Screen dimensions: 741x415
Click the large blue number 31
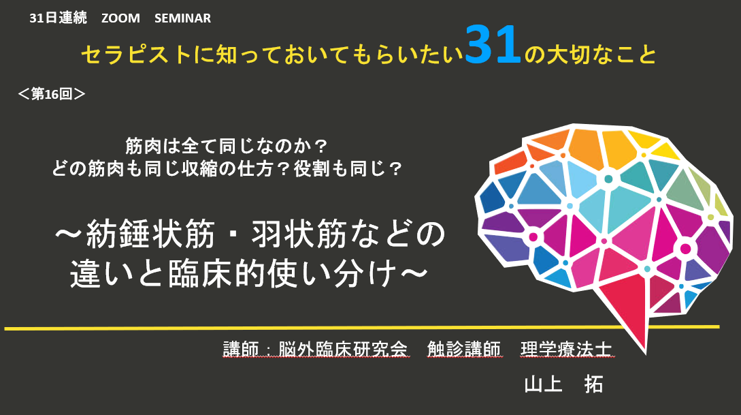493,46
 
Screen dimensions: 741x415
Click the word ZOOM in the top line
120,18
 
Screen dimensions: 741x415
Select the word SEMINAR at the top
182,18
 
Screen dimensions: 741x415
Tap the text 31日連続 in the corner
58,18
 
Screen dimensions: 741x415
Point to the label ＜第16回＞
51,94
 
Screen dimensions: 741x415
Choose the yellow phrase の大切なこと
590,55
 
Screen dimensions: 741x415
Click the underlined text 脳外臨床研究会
343,349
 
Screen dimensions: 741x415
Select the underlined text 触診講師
463,349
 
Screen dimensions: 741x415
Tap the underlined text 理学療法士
566,349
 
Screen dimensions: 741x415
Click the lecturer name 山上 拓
563,384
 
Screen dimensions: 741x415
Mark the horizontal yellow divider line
362,328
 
